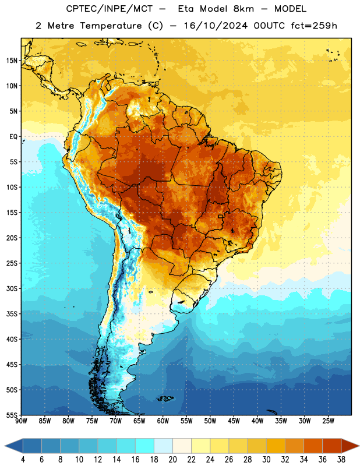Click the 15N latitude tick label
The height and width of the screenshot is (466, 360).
tap(12, 61)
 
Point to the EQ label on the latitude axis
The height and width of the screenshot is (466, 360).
tap(13, 137)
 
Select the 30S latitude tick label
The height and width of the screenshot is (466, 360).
tap(12, 288)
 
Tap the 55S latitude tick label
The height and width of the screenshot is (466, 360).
tap(12, 415)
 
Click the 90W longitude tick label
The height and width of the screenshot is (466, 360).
tap(21, 421)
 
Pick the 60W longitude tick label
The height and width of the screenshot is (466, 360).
tap(163, 421)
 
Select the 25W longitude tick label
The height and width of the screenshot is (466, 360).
tap(328, 421)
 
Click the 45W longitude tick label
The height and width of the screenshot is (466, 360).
tap(234, 421)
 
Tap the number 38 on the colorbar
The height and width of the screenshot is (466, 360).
tap(341, 460)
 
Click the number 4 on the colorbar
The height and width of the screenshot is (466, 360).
tap(23, 460)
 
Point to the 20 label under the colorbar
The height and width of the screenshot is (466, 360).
tap(172, 460)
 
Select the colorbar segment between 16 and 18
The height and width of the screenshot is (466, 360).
tap(145, 446)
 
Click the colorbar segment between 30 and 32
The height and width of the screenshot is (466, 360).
tap(276, 446)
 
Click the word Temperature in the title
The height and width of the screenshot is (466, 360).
tap(111, 26)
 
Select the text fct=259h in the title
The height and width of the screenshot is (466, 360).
tap(314, 26)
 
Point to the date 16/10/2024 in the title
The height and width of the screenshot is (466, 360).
tap(216, 26)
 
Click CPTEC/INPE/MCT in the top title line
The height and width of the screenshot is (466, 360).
tap(110, 9)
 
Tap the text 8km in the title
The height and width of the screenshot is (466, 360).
tap(243, 9)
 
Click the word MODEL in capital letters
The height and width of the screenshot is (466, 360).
tap(290, 9)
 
